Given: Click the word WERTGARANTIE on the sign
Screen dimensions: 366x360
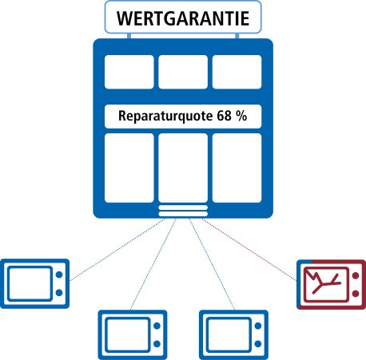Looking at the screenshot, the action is point(183,18).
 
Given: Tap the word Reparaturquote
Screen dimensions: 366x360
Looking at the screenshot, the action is point(165,117).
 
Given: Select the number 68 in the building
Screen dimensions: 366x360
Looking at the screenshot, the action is point(224,116).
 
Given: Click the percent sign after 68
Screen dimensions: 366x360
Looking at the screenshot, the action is point(241,116).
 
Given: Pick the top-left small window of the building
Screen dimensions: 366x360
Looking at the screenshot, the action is point(129,72).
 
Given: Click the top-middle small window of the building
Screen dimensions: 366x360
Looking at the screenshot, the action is point(183,72).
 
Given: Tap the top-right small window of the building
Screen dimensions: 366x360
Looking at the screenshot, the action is point(237,72).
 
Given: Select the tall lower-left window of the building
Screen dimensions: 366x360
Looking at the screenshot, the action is point(129,168).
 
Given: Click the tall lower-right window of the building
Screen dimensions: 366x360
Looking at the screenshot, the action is point(237,168).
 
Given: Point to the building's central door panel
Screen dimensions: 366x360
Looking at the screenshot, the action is point(183,168).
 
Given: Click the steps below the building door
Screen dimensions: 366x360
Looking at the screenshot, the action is point(183,211).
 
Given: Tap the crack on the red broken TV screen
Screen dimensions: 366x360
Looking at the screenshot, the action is point(323,282).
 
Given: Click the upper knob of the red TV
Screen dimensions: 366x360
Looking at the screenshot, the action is point(356,275).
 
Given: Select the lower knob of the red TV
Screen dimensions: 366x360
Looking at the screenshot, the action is point(356,294).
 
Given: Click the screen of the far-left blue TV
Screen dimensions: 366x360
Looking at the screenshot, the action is point(30,283).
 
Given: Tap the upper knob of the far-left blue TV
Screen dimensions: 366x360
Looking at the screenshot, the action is point(59,275).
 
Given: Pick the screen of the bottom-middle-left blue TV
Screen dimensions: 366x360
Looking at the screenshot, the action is point(127,334).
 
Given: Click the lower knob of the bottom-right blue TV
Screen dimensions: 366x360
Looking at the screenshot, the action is point(258,344).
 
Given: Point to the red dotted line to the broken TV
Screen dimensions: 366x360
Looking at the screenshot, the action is point(249,250).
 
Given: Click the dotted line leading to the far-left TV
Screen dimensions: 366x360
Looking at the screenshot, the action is point(117,250).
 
